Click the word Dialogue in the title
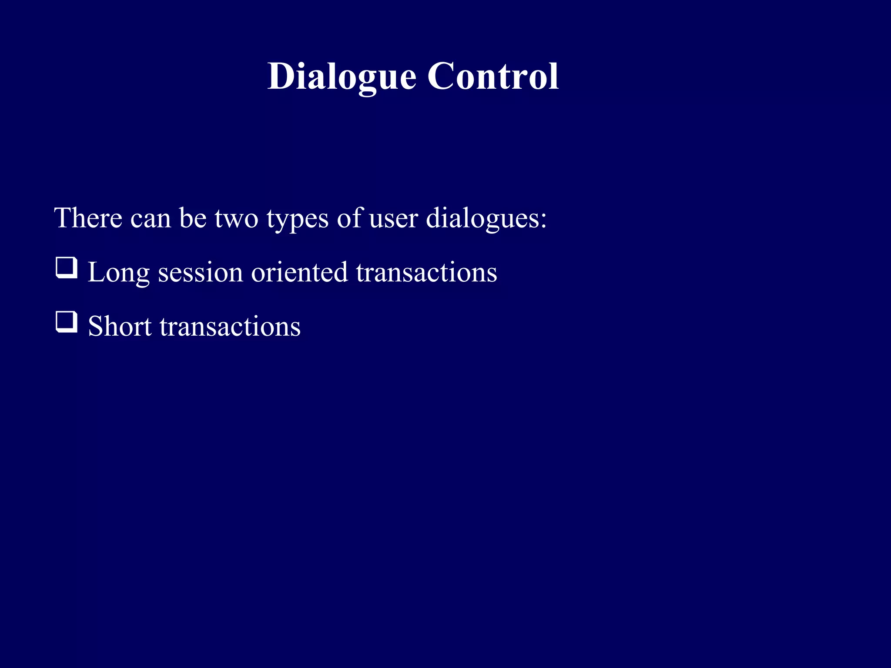tap(342, 77)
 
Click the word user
tap(394, 219)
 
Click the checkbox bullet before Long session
tap(67, 268)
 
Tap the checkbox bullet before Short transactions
tap(67, 322)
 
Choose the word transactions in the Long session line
tap(426, 273)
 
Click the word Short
tap(120, 327)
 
